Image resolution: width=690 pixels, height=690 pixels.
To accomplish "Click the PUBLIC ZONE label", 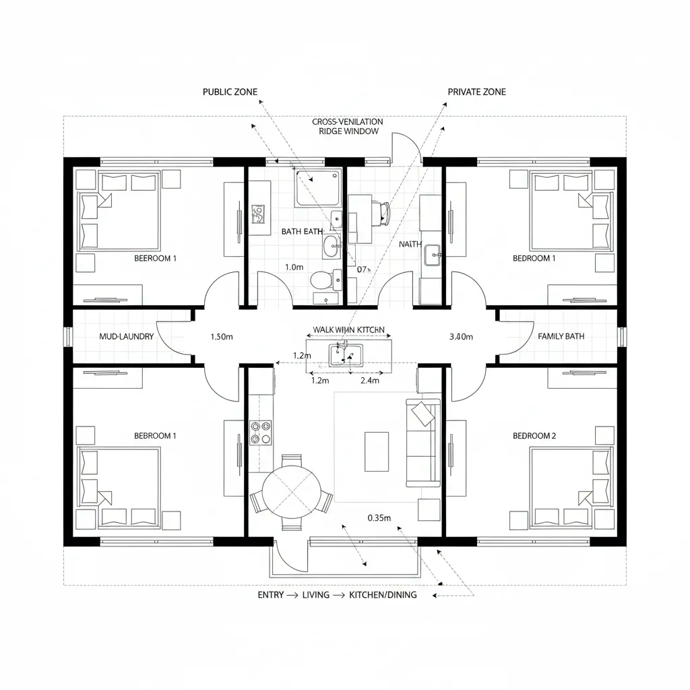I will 230,92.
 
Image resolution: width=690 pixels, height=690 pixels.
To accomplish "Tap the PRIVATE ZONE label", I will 476,92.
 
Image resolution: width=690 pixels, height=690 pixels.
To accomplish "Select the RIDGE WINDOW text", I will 348,131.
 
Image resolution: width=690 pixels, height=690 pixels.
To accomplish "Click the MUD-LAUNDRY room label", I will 127,336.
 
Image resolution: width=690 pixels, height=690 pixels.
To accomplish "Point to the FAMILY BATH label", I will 561,336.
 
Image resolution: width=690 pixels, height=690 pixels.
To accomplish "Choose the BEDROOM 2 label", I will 534,436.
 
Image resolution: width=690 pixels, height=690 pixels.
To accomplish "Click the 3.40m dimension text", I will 461,336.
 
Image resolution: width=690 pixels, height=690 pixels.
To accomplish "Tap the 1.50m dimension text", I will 222,336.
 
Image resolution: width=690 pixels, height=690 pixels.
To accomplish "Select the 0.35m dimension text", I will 379,518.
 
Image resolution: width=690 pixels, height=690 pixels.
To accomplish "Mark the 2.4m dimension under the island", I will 370,381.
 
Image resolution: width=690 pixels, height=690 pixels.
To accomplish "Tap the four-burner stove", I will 261,432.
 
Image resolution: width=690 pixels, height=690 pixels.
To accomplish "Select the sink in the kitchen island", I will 346,354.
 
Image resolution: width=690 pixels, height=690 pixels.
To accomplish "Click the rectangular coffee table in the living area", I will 376,451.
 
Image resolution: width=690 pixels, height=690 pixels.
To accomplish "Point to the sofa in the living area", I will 422,442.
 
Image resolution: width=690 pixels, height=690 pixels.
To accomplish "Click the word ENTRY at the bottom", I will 271,595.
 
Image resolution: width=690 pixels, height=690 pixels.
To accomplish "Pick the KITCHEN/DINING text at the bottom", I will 383,595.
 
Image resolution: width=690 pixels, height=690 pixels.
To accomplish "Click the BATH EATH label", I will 303,231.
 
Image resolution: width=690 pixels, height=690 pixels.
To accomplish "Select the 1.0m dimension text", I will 294,267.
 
